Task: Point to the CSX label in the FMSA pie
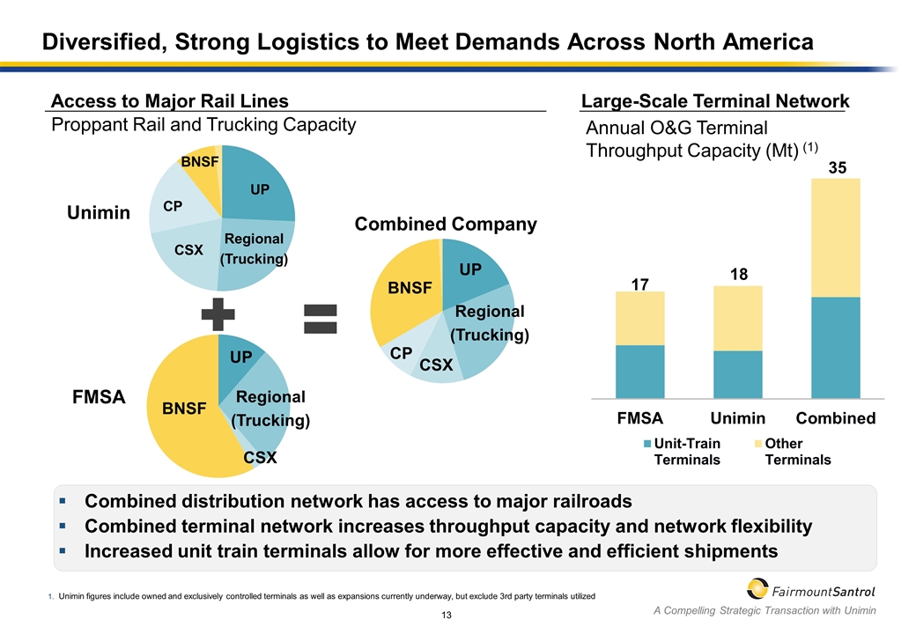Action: (260, 458)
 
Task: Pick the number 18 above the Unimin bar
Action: (737, 276)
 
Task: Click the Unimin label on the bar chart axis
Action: (737, 418)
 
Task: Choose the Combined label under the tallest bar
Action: (836, 418)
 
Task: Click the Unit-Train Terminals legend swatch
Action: (647, 444)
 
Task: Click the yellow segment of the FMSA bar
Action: (640, 318)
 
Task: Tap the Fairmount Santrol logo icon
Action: (758, 588)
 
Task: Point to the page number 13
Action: (447, 614)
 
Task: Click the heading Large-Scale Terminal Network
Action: (715, 102)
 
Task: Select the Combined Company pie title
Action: (446, 225)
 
